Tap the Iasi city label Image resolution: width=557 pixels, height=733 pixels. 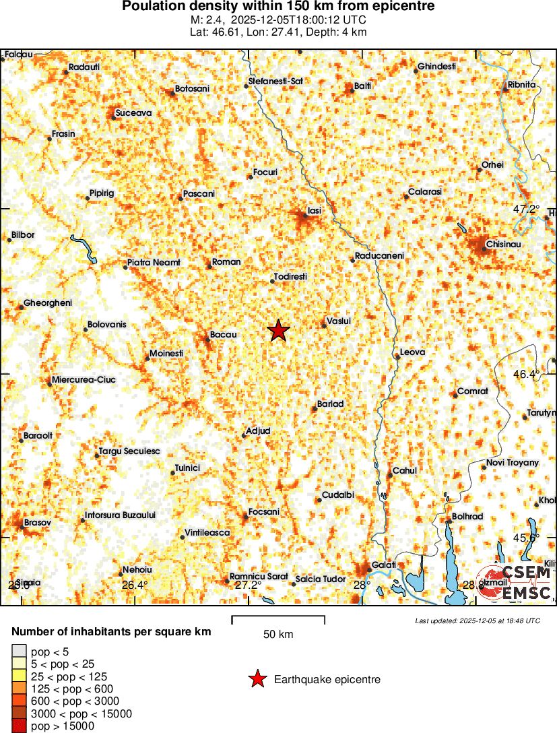point(314,211)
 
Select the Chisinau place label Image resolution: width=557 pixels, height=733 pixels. point(504,243)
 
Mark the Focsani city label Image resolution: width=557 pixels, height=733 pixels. point(263,512)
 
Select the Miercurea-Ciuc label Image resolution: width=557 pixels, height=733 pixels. point(84,380)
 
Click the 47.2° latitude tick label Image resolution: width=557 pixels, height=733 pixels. point(526,210)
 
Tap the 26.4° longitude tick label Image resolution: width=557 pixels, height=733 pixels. point(135,585)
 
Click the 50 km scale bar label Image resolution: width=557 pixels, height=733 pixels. point(277,634)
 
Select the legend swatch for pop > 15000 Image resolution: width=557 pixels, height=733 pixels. point(20,726)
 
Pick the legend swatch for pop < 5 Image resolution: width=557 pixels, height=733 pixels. point(20,651)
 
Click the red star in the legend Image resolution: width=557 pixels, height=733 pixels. point(257,680)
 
